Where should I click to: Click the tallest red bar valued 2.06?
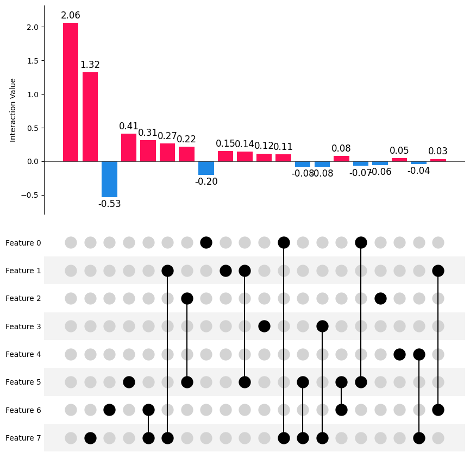pos(71,92)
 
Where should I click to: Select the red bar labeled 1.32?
pos(90,117)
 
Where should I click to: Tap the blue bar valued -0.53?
pos(109,179)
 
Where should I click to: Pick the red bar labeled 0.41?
pos(129,148)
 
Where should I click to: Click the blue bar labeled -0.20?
pos(206,168)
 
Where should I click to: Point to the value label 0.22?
pos(186,140)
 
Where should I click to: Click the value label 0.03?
pos(438,152)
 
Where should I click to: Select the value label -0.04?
pos(419,171)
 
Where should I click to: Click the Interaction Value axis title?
pos(13,110)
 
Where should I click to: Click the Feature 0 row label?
pos(23,243)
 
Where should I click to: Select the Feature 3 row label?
pos(23,326)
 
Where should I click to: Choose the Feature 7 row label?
pos(23,438)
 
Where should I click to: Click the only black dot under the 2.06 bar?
pos(90,438)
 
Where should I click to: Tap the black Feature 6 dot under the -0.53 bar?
pos(109,410)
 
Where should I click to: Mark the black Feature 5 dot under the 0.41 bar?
pos(129,382)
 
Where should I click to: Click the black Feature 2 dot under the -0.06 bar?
pos(380,298)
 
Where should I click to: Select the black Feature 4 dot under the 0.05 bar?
pos(399,354)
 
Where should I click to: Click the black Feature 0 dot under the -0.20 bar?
pos(206,242)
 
